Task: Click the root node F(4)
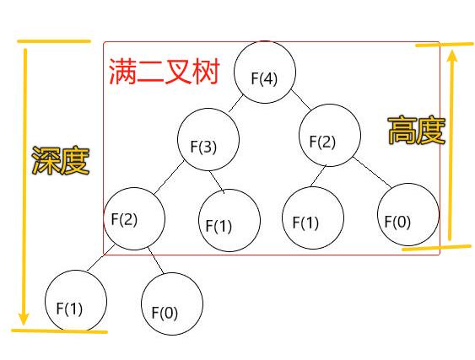click(265, 72)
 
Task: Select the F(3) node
click(208, 139)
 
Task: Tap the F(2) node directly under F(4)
click(330, 135)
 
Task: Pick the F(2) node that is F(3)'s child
click(134, 218)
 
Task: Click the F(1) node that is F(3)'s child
click(229, 220)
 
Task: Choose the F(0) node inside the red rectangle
click(408, 214)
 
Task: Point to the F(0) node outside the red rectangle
click(172, 304)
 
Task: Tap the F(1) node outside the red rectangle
click(76, 301)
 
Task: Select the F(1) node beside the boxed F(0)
click(313, 218)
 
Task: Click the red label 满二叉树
click(164, 72)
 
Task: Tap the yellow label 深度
click(61, 160)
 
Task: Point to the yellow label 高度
click(417, 130)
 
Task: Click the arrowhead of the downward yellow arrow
click(24, 319)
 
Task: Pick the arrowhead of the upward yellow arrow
click(452, 56)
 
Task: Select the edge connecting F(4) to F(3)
click(236, 104)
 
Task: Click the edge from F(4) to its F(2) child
click(301, 99)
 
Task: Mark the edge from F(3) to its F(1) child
click(217, 182)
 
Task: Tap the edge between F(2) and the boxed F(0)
click(372, 172)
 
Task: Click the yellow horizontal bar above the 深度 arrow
click(54, 41)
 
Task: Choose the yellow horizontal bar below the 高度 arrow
click(437, 248)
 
